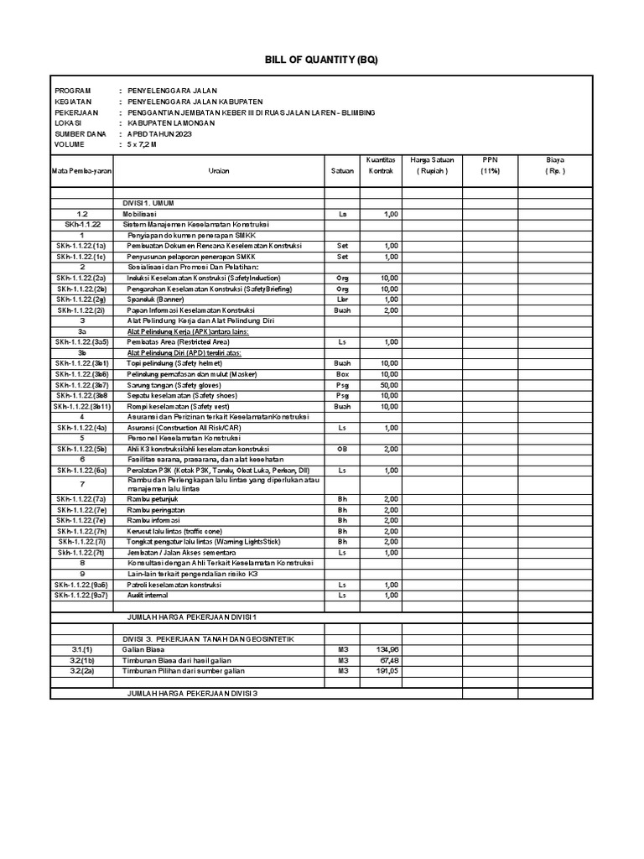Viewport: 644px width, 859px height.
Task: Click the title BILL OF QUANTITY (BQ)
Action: coord(322,60)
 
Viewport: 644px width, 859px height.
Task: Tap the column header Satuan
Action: coord(342,170)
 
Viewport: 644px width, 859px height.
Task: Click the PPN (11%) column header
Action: coord(489,164)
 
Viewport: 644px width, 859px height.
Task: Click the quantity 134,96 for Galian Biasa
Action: coord(387,649)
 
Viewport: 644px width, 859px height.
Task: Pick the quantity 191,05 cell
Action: coord(387,671)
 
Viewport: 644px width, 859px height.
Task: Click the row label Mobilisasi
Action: coord(145,214)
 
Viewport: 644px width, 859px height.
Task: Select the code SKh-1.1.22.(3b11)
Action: coord(82,406)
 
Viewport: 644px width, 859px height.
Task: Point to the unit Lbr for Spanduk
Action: coord(342,299)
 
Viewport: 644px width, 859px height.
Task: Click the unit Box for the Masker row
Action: coord(342,373)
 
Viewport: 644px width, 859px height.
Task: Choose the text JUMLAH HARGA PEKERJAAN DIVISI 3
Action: coord(192,694)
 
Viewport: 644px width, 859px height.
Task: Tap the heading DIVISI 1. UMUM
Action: coord(149,203)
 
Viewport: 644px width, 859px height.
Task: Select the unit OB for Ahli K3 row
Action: coord(342,449)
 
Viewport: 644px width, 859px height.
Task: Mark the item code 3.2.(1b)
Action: coord(82,660)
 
